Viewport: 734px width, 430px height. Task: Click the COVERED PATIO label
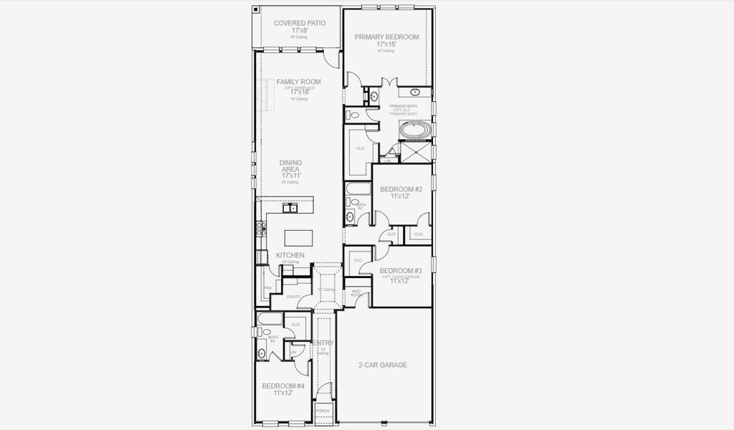click(299, 23)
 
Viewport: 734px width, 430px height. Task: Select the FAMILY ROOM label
click(298, 82)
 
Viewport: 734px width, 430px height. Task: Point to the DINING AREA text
click(290, 166)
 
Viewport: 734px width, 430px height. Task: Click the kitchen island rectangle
click(300, 237)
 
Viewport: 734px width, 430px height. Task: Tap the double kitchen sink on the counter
click(290, 209)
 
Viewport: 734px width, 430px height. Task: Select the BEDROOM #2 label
click(401, 189)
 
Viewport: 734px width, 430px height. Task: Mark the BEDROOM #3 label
click(400, 270)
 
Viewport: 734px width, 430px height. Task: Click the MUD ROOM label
click(356, 292)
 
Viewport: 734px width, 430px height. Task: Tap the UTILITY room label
click(293, 296)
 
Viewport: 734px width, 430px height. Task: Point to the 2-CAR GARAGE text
click(383, 365)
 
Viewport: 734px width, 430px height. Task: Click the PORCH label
click(323, 411)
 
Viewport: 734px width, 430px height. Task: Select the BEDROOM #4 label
click(283, 386)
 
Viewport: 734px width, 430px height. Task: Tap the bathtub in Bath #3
click(270, 319)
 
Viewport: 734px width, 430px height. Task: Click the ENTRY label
click(323, 343)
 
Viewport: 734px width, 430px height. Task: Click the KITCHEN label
click(290, 255)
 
